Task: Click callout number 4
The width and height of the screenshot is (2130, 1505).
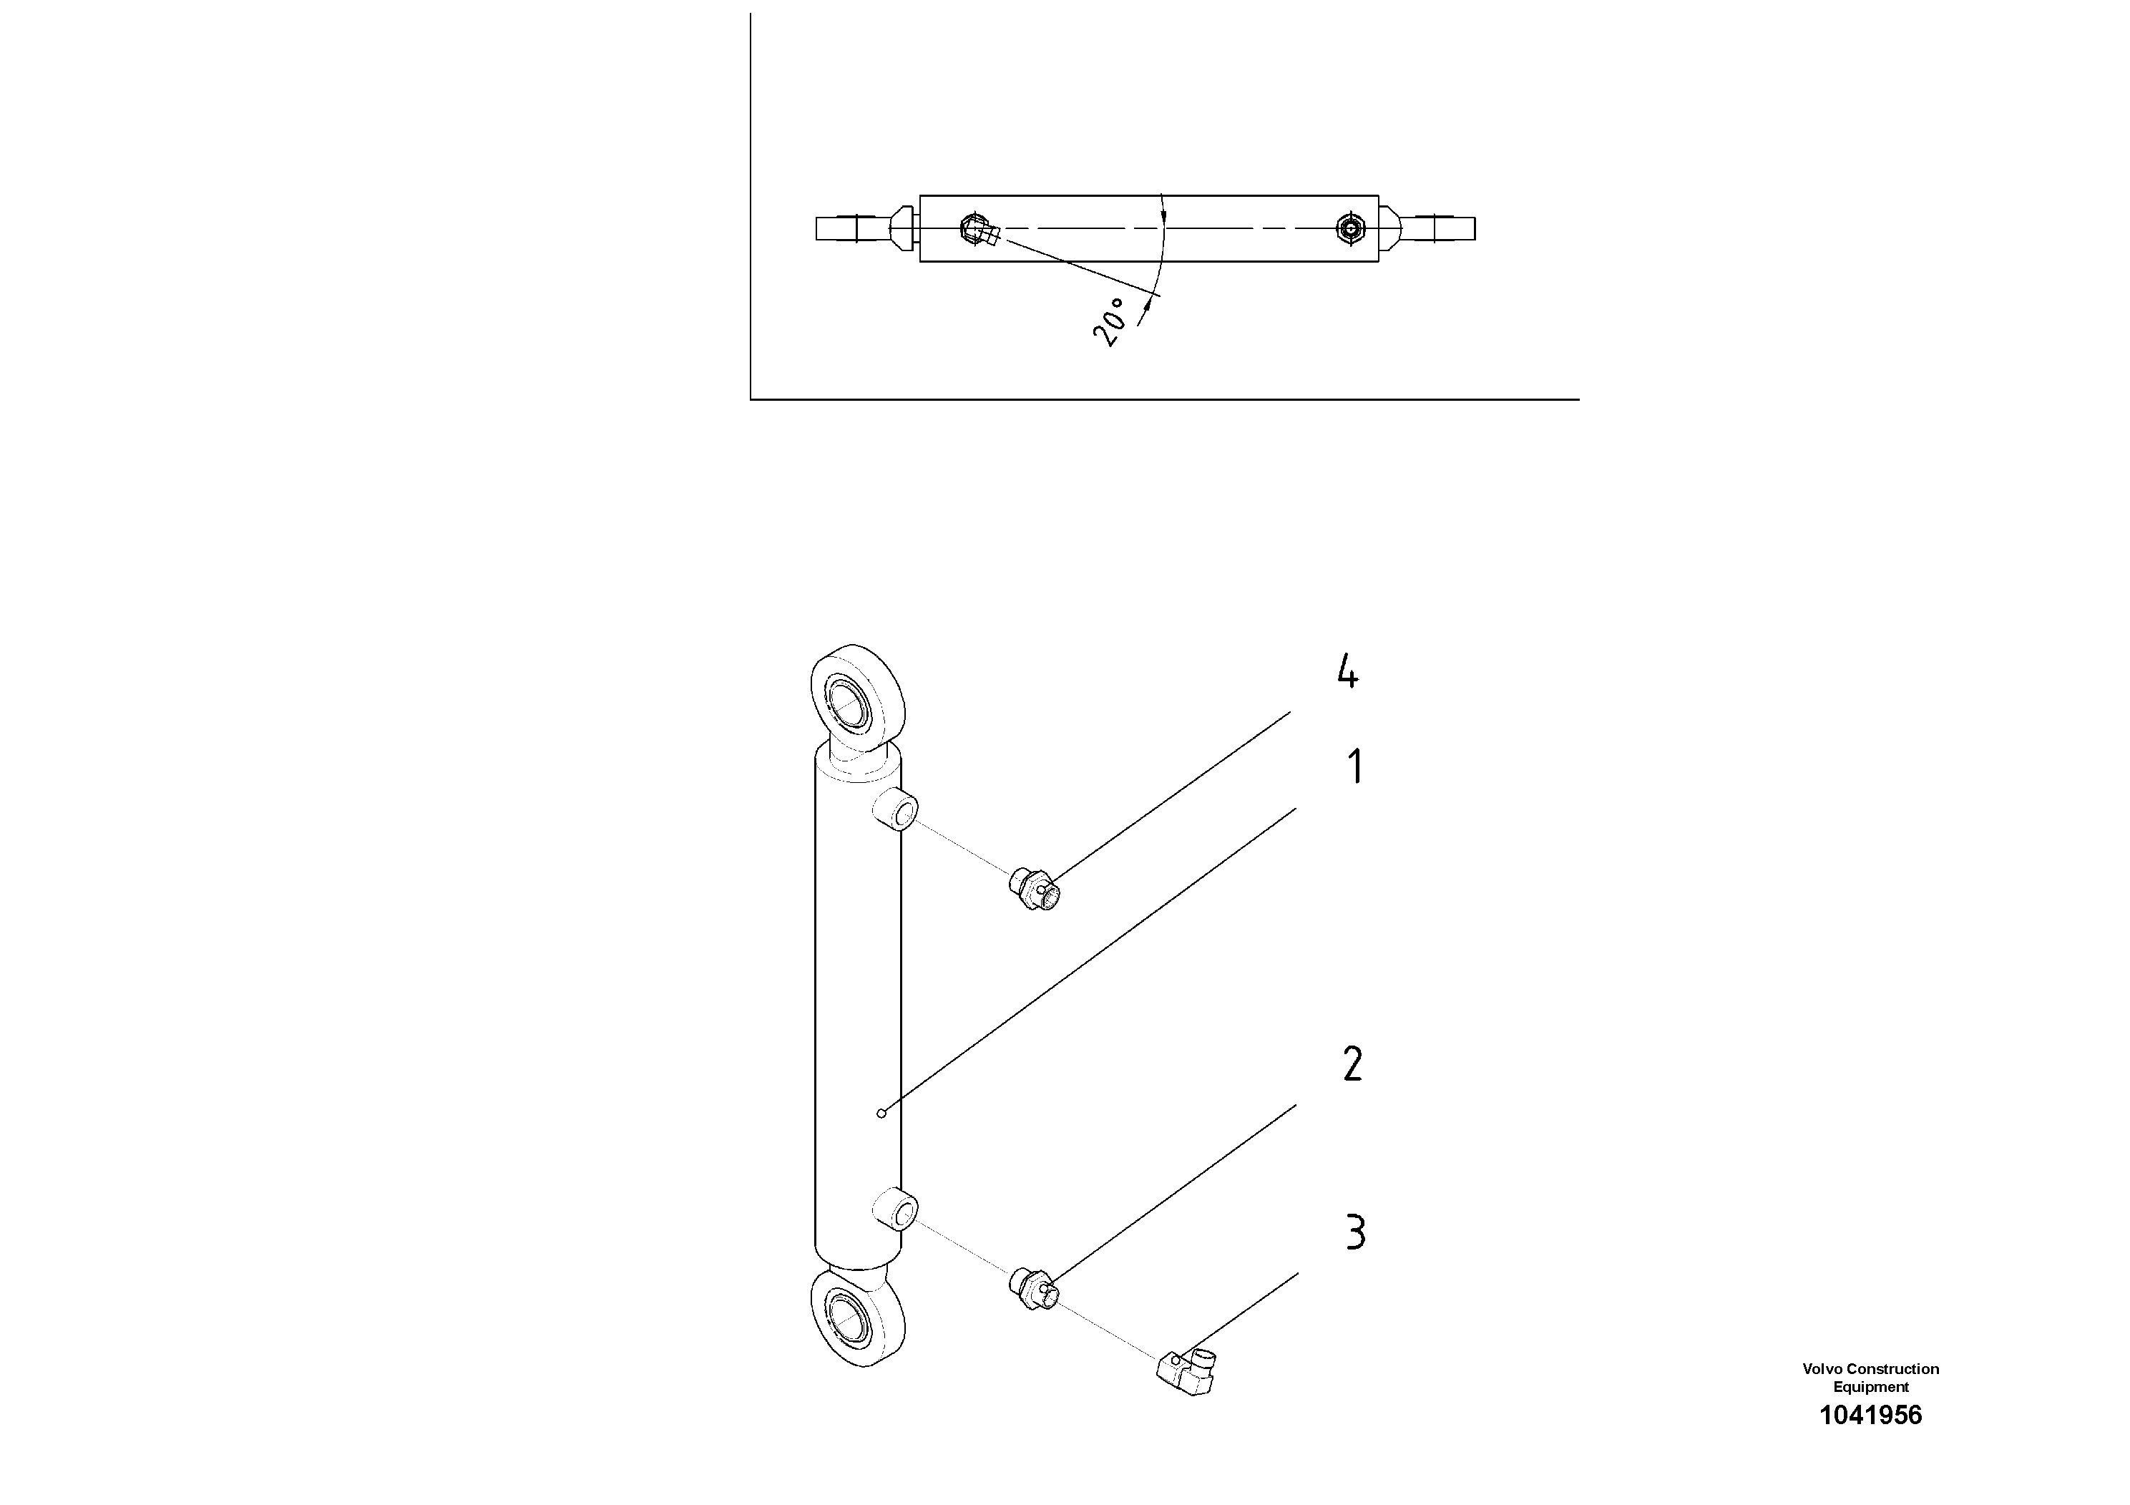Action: point(1348,671)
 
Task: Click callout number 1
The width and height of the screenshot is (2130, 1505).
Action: point(1355,767)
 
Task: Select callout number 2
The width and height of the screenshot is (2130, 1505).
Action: point(1352,1064)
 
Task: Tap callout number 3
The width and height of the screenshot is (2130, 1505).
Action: point(1355,1233)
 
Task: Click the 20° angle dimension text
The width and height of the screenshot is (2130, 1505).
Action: point(1111,322)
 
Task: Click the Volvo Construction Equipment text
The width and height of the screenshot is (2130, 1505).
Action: point(1870,1378)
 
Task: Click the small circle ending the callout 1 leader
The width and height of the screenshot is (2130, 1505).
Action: point(881,1113)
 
